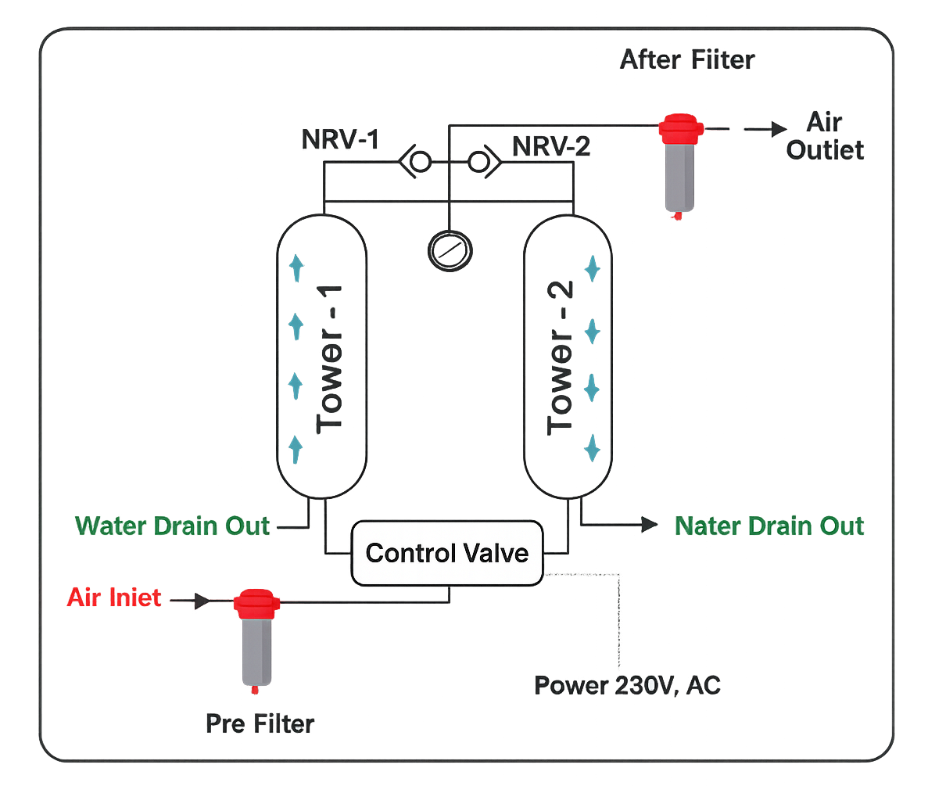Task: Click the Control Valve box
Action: coord(446,554)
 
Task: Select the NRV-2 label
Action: coord(550,146)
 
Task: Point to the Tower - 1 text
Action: coord(329,360)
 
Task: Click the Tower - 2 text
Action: coord(561,360)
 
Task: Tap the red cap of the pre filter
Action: coord(257,603)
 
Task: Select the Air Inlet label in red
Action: coord(115,598)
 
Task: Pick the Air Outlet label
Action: coord(826,137)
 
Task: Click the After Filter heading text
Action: coord(687,60)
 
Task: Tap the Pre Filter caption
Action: coord(260,723)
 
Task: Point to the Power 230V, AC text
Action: coord(626,686)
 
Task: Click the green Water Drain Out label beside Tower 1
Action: coord(173,526)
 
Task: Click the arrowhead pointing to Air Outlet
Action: coord(779,128)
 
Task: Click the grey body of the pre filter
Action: coord(256,650)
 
